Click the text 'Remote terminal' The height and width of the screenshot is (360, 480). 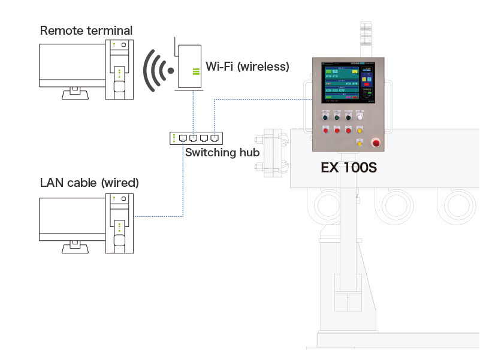86,30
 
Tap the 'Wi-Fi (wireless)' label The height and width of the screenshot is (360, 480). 247,66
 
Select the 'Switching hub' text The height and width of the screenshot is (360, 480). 222,152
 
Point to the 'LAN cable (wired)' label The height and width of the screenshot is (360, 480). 89,183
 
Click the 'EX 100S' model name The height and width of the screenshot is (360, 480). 348,168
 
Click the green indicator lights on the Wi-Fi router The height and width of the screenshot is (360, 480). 195,72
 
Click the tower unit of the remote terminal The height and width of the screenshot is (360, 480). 119,69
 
